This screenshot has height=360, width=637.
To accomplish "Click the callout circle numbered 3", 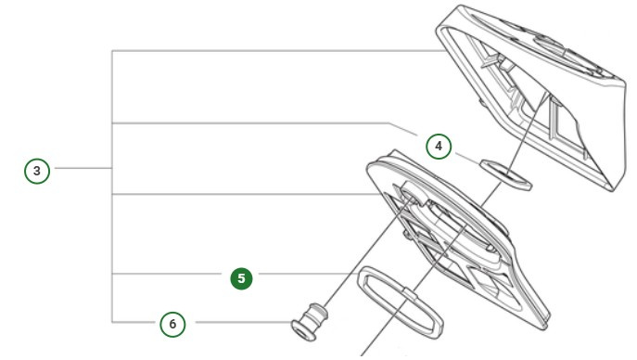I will point(36,171).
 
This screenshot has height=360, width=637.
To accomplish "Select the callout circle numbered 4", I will point(439,146).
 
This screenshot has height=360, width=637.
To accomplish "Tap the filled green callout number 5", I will point(241,277).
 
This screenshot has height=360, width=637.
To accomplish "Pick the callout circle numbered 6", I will point(172,324).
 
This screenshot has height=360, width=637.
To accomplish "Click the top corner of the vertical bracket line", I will point(112,51).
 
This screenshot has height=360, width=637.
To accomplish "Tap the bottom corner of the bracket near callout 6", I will point(112,322).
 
